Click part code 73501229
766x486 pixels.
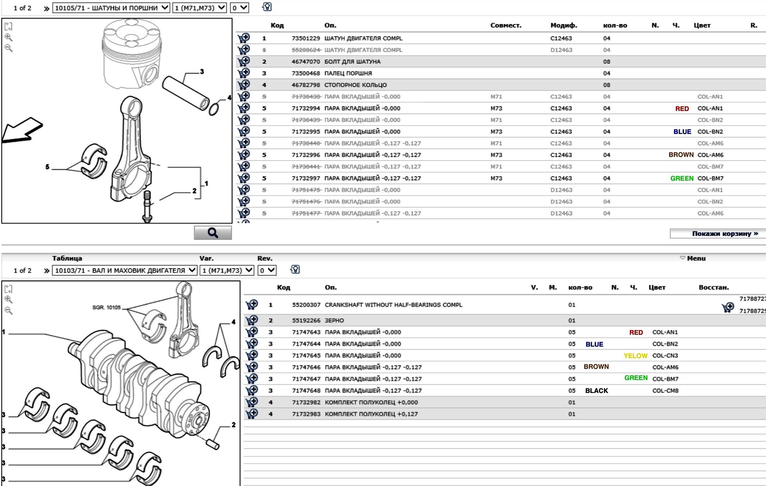(305, 38)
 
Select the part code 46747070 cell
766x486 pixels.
(305, 62)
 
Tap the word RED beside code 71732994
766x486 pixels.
(682, 109)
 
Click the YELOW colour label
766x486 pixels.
(635, 356)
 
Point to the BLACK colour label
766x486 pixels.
(596, 391)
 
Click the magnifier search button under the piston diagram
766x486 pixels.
(213, 233)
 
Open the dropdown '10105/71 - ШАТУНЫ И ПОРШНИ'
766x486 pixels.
(111, 8)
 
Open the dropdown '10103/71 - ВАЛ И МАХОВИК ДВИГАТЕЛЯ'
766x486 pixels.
(125, 270)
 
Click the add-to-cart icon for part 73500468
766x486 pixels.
(244, 73)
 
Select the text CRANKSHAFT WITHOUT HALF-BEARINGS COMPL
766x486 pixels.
(393, 305)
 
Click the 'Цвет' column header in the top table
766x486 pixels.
(702, 26)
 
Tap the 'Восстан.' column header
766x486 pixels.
(714, 287)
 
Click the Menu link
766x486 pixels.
(696, 258)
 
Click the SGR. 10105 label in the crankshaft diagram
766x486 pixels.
(107, 307)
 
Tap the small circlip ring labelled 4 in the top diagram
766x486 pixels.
(213, 109)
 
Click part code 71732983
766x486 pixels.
(306, 414)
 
